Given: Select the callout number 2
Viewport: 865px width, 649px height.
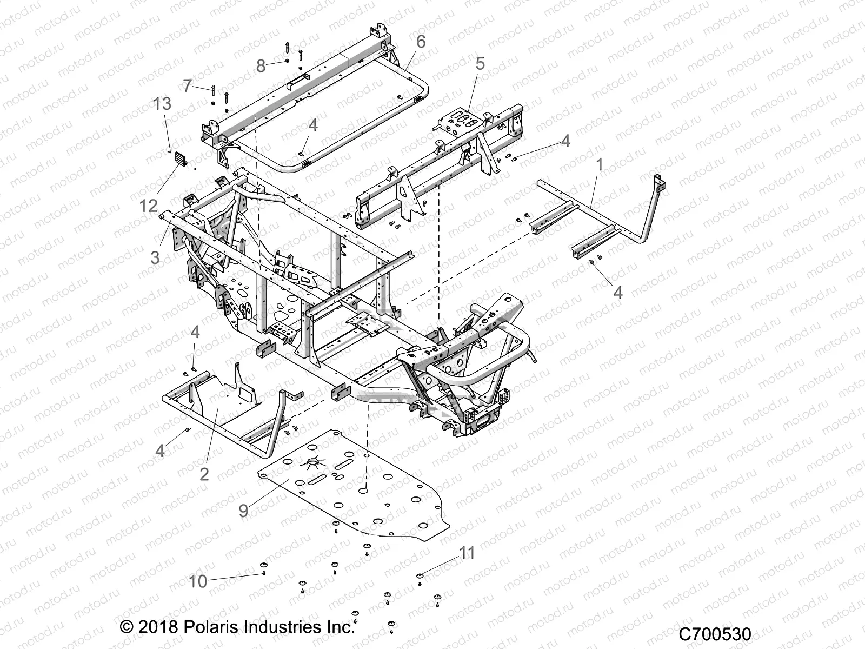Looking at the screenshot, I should click(x=204, y=474).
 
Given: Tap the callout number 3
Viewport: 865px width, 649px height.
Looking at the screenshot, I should click(x=156, y=257).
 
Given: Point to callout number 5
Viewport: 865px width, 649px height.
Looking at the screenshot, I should click(x=480, y=64).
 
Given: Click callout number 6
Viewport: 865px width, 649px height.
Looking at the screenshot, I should click(x=421, y=41).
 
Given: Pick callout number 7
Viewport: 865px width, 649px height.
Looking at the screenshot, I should click(x=188, y=85).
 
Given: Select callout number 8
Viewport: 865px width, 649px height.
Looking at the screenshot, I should click(x=261, y=66).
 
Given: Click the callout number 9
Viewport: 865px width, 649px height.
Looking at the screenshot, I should click(x=243, y=509).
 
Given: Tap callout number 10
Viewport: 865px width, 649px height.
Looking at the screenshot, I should click(x=198, y=581).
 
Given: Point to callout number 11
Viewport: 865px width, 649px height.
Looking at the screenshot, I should click(x=467, y=553).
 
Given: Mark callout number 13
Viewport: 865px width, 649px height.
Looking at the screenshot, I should click(x=162, y=103).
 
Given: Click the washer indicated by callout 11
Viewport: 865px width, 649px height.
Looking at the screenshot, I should click(x=420, y=575).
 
